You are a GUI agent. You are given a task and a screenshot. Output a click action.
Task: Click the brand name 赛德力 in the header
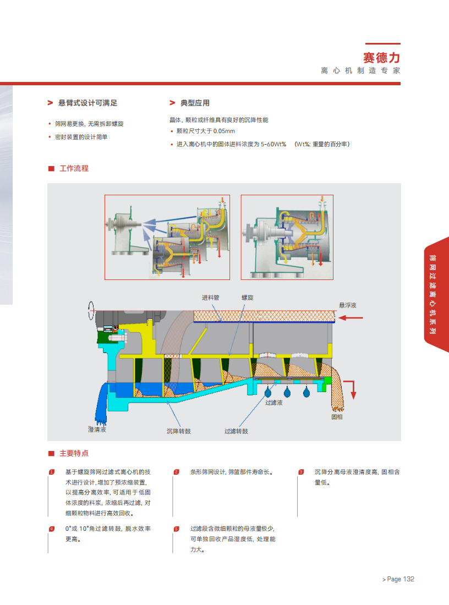click(x=381, y=57)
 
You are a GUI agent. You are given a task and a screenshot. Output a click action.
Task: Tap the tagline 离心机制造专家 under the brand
click(x=360, y=71)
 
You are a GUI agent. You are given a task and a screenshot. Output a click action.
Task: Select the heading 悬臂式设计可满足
click(x=87, y=103)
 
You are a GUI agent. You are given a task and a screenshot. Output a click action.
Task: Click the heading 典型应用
click(x=195, y=103)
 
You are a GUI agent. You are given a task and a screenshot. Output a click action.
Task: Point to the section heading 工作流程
click(x=74, y=168)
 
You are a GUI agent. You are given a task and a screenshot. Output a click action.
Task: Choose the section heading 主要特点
click(x=74, y=453)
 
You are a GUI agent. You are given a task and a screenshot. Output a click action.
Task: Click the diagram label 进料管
click(x=210, y=298)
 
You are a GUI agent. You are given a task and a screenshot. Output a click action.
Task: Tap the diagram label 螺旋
click(x=248, y=298)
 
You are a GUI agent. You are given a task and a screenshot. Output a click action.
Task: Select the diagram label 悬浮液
click(x=348, y=305)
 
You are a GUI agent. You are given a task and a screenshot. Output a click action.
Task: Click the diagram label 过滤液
click(x=273, y=403)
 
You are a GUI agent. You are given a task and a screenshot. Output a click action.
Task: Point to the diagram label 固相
click(x=337, y=417)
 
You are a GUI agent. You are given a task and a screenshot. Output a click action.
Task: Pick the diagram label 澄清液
click(x=97, y=429)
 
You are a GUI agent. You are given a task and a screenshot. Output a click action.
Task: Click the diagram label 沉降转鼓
click(x=179, y=431)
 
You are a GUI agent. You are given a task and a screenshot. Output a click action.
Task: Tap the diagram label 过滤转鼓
click(x=236, y=431)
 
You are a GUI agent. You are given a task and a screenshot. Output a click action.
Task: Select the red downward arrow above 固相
click(x=353, y=389)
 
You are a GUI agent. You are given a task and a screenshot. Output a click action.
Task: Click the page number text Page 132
click(x=401, y=579)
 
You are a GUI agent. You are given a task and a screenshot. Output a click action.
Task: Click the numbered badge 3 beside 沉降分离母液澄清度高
click(x=301, y=472)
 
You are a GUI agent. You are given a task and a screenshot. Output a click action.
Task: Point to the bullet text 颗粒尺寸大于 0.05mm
click(x=205, y=131)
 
